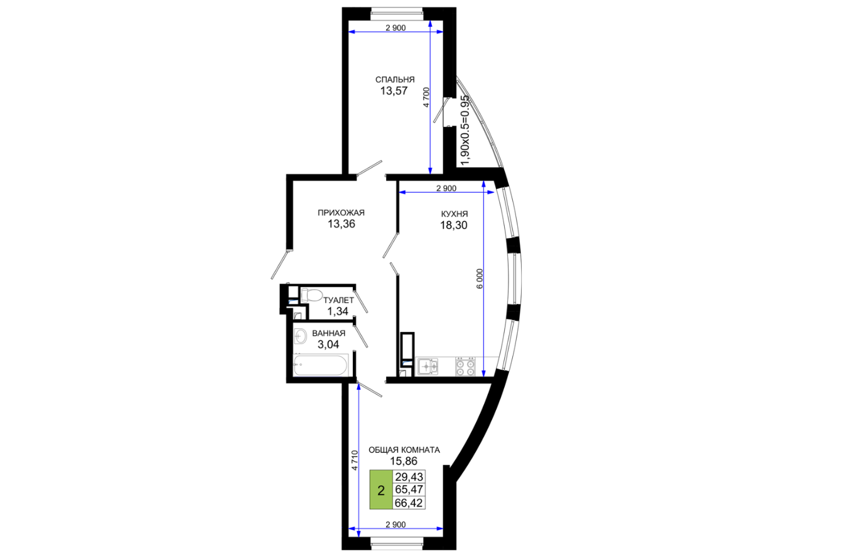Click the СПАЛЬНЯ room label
coord(395,80)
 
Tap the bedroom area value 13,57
coord(394,91)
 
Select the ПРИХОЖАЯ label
coord(341,213)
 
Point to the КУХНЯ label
coord(454,214)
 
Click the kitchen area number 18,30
coord(454,225)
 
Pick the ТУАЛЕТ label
coord(339,300)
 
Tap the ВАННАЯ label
coord(328,333)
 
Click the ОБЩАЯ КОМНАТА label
coord(404,450)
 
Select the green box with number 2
coord(381,490)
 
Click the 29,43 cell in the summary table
coord(409,477)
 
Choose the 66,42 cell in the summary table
coord(409,503)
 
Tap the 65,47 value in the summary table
coord(409,490)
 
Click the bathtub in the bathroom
coord(320,365)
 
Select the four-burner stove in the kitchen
coord(465,367)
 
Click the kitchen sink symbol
coord(428,367)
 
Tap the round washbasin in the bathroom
coord(300,336)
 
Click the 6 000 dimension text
coord(480,279)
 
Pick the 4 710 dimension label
coord(354,460)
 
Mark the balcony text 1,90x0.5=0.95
coord(466,130)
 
